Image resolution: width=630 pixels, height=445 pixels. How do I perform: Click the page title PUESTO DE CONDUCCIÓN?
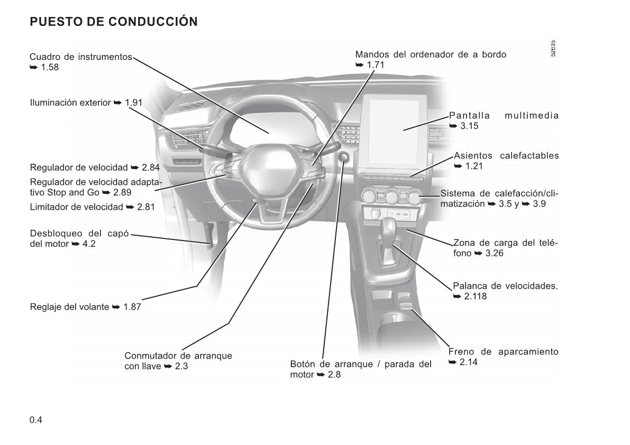pos(114,21)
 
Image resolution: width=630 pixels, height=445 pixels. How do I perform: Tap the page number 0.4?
pos(36,420)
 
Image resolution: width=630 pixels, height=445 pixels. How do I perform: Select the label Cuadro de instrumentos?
pos(81,57)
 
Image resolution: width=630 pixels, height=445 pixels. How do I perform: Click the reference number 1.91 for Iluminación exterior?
pos(133,103)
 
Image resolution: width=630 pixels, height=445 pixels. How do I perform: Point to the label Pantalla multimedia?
pos(504,115)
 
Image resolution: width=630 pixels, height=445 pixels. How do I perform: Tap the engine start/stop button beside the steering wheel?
pos(344,157)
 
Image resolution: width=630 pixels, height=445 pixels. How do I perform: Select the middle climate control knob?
pos(391,197)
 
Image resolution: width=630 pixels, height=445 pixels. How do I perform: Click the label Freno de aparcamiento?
pos(504,352)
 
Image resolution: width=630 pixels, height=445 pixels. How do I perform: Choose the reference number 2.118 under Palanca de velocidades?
pos(476,297)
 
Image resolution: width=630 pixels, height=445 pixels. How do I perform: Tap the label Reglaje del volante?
pos(69,307)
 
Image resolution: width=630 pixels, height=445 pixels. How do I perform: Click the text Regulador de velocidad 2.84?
pos(95,167)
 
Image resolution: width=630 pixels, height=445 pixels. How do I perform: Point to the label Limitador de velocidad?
pos(76,207)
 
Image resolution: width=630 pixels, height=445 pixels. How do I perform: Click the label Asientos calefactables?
pos(506,156)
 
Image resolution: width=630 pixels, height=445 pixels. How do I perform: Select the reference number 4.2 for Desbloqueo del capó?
pos(89,244)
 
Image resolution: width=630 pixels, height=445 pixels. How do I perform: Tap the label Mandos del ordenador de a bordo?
pos(431,55)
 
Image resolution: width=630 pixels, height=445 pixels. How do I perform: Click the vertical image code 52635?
pos(553,48)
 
